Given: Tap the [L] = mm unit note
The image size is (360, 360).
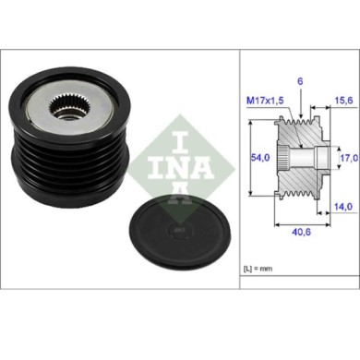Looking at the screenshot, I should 258,268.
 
